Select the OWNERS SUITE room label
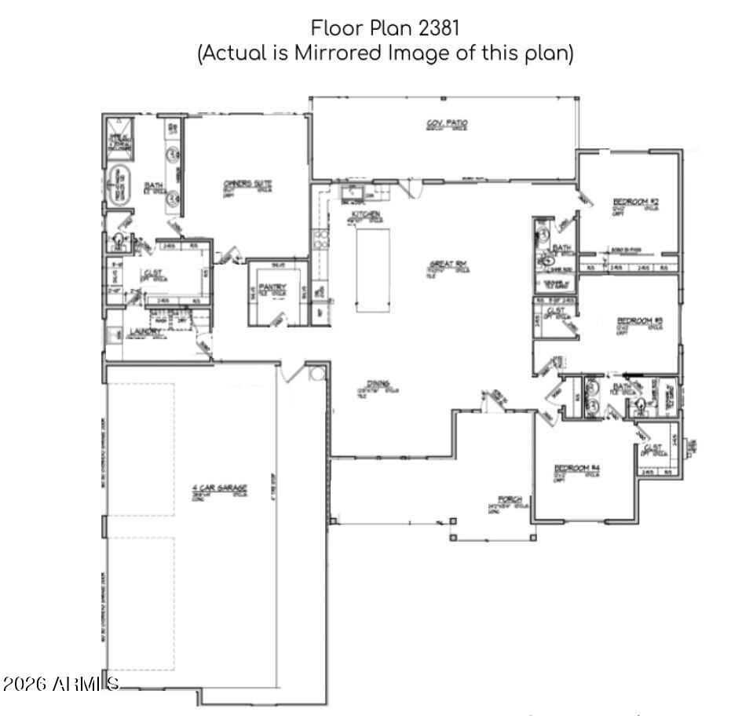click(248, 184)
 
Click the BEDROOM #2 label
click(635, 202)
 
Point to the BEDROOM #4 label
click(576, 469)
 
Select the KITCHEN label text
click(366, 214)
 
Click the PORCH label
click(510, 499)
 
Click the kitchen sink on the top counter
click(351, 191)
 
